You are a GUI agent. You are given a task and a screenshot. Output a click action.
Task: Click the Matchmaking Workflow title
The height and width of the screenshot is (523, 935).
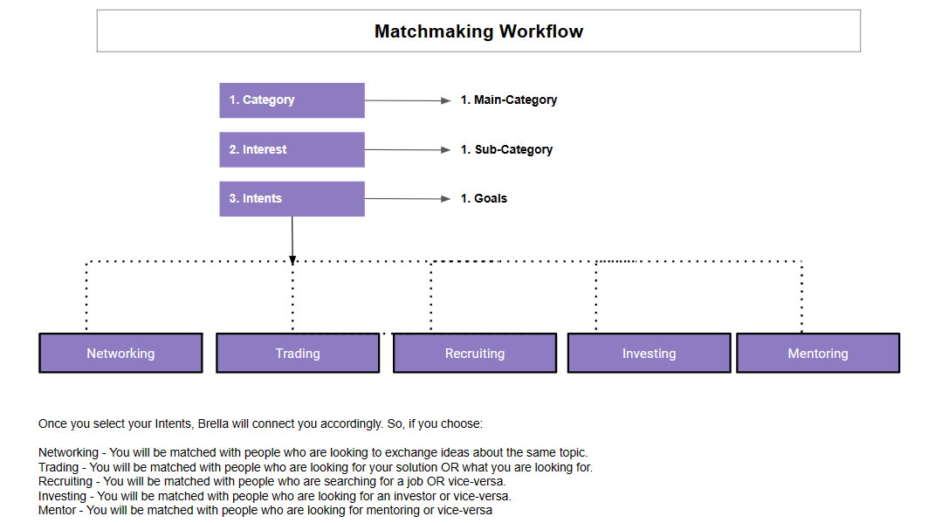point(478,31)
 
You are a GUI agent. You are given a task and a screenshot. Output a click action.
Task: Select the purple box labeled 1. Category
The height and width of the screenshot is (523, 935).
point(292,100)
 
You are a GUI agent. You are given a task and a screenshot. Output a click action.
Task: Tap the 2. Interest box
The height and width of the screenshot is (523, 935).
point(292,149)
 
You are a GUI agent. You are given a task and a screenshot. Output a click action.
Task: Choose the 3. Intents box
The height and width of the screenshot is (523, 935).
point(292,198)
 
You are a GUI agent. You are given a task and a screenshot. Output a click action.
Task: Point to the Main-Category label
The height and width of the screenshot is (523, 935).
point(515,100)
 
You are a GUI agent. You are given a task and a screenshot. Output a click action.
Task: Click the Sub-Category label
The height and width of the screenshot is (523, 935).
point(513,149)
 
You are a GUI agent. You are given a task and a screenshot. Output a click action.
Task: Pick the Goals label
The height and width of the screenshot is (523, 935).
point(490,198)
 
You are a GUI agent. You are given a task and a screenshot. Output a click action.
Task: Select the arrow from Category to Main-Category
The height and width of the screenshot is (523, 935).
point(408,100)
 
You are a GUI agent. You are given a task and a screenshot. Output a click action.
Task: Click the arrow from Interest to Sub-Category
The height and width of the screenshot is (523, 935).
point(408,149)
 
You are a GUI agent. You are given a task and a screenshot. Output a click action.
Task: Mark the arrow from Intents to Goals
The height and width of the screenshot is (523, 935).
point(408,198)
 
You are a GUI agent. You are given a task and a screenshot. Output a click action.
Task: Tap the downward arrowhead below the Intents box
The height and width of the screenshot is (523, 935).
point(292,260)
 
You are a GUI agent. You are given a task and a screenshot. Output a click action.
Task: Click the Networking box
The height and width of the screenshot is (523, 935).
point(120,353)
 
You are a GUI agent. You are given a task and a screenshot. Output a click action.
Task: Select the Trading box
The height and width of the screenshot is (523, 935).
point(298,353)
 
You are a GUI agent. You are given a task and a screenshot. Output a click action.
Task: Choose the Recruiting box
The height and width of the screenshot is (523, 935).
point(475,353)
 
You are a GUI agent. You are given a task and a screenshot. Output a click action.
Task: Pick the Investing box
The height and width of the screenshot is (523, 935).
point(649,353)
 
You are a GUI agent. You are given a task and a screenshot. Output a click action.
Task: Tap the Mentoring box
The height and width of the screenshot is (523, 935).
point(817,353)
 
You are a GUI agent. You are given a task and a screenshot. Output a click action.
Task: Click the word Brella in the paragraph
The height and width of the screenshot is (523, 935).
point(213,424)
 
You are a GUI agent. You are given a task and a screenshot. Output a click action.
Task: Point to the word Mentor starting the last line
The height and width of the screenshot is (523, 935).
point(58,511)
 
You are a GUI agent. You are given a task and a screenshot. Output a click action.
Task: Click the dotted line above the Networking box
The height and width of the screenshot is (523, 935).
point(86,296)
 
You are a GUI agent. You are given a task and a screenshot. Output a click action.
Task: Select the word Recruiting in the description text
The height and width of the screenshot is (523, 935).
point(65,482)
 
